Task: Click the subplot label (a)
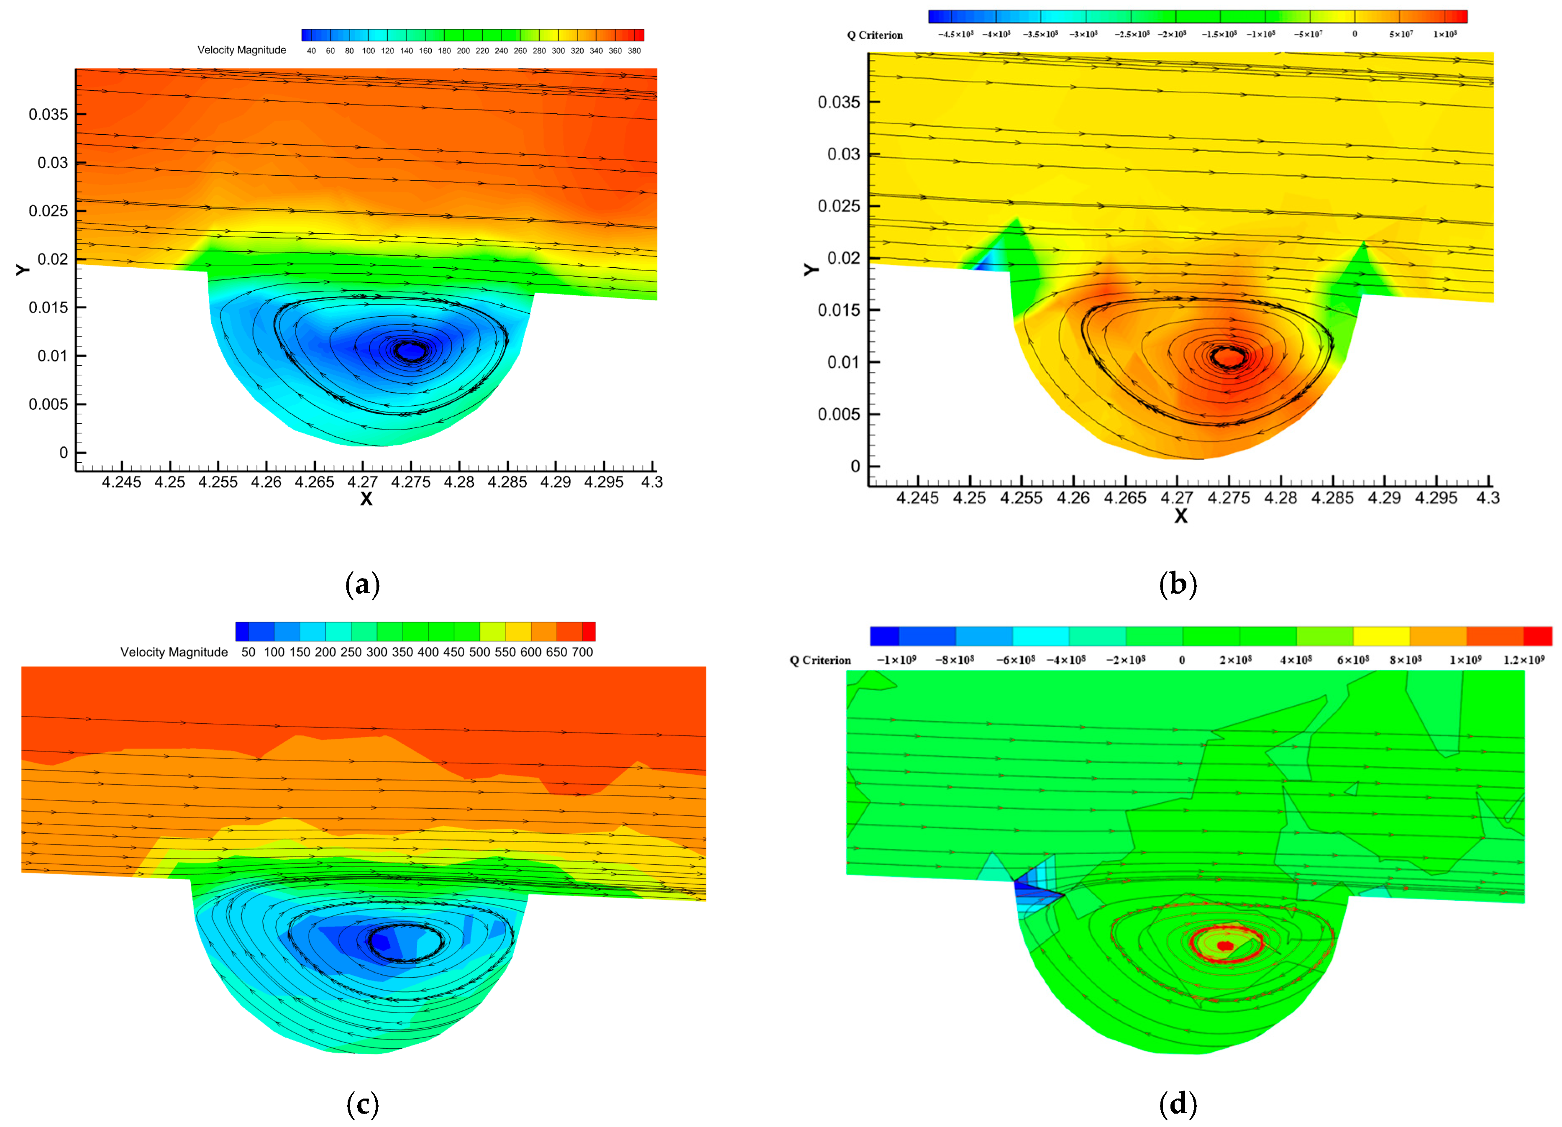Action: [x=362, y=585]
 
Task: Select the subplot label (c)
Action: [x=362, y=1104]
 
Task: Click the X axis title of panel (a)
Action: [x=366, y=499]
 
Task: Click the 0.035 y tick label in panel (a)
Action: [x=48, y=114]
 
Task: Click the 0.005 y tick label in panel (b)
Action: [x=839, y=414]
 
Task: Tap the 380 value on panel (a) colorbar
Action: [x=634, y=51]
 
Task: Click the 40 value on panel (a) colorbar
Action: [x=311, y=51]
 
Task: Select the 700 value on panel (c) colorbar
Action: [x=582, y=652]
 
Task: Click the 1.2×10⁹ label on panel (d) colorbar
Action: [x=1524, y=660]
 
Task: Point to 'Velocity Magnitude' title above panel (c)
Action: [x=174, y=652]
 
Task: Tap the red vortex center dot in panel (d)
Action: [x=1224, y=946]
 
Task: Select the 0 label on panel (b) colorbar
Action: [x=1355, y=34]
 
